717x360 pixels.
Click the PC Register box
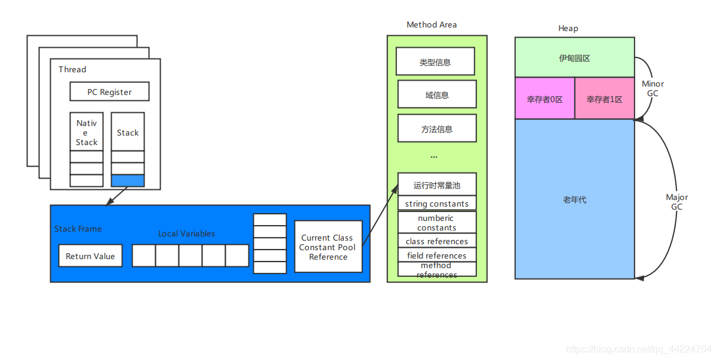click(x=109, y=92)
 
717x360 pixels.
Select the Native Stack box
click(x=87, y=132)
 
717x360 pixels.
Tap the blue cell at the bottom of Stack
click(x=128, y=180)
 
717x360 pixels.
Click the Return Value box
click(x=90, y=256)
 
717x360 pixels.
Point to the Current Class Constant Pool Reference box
click(x=328, y=247)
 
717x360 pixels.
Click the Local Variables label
click(x=186, y=233)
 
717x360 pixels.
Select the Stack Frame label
click(x=78, y=229)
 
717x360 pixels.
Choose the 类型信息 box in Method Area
click(x=435, y=62)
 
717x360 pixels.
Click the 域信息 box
click(x=437, y=94)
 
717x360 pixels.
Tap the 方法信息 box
click(x=437, y=128)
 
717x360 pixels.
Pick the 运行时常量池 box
click(x=437, y=184)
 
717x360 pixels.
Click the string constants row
click(x=437, y=204)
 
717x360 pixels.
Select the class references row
click(x=437, y=241)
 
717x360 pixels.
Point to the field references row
click(x=437, y=256)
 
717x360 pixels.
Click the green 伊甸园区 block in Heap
click(x=574, y=57)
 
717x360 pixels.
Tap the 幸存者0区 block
click(x=544, y=99)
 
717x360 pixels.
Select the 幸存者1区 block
click(x=604, y=99)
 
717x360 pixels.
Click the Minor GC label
click(x=653, y=89)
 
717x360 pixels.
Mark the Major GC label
click(x=676, y=202)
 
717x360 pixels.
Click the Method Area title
click(x=432, y=24)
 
